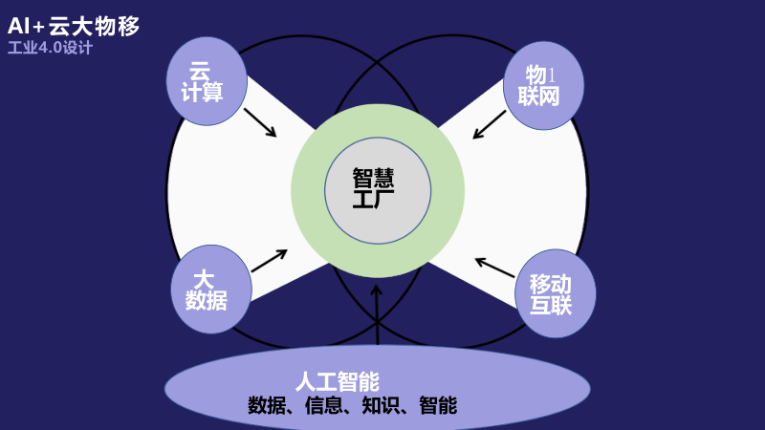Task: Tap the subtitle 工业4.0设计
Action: pyautogui.click(x=50, y=48)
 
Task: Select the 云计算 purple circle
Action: pyautogui.click(x=206, y=81)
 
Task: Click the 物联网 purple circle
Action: pyautogui.click(x=543, y=84)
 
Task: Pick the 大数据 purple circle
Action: pyautogui.click(x=210, y=290)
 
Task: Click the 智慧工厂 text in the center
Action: pyautogui.click(x=377, y=189)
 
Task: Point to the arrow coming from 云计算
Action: pyautogui.click(x=260, y=122)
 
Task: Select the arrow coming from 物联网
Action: pyautogui.click(x=490, y=125)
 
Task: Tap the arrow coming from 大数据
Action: pyautogui.click(x=269, y=260)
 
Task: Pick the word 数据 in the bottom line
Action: pyautogui.click(x=267, y=405)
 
